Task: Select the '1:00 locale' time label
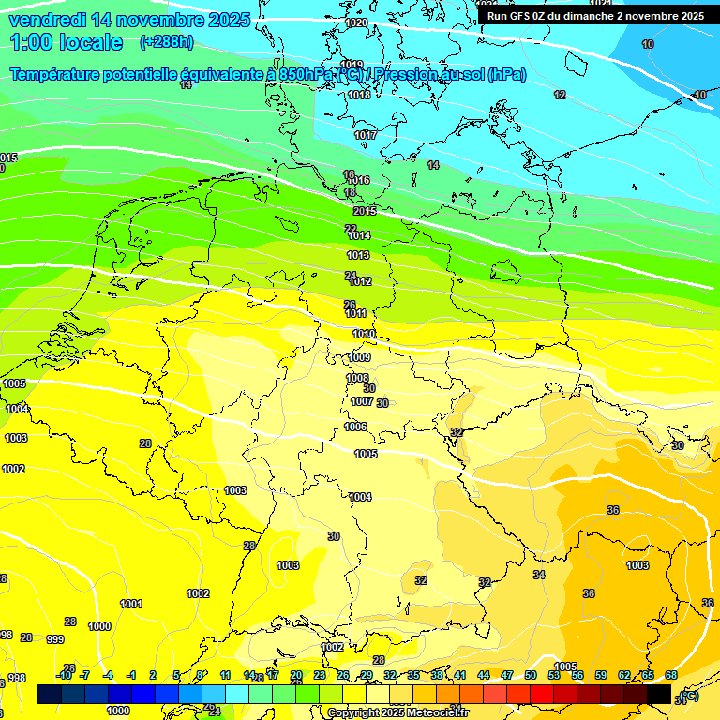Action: [67, 42]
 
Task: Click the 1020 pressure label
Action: [356, 22]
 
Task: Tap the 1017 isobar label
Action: [366, 135]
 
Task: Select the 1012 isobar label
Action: [360, 281]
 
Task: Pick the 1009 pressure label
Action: [359, 357]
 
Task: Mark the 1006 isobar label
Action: [355, 427]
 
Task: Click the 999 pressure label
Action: [55, 639]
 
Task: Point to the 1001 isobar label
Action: [131, 604]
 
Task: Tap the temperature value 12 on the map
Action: [560, 95]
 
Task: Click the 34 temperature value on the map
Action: [539, 575]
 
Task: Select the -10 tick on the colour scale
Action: [64, 675]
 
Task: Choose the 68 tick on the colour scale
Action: [671, 675]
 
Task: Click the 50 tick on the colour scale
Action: [531, 675]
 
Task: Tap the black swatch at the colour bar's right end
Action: [659, 694]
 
